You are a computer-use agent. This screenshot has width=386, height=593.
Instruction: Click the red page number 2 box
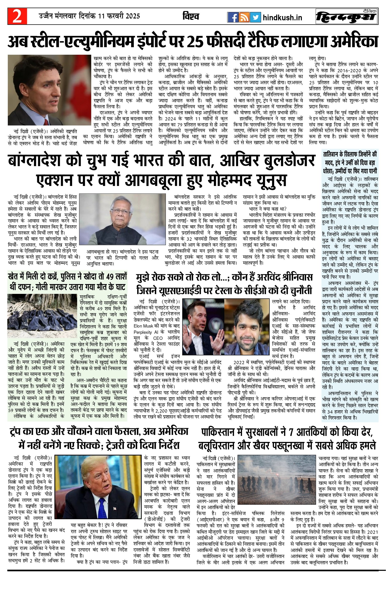[17, 16]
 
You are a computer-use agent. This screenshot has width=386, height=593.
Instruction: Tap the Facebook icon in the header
[232, 17]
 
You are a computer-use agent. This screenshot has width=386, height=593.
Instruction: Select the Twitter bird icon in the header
[255, 17]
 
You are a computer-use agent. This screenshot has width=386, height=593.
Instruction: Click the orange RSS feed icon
[244, 17]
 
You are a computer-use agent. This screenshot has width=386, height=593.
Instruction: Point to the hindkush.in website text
[282, 18]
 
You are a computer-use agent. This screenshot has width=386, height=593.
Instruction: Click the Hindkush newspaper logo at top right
[347, 17]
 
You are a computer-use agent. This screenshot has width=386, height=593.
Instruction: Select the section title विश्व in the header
[191, 17]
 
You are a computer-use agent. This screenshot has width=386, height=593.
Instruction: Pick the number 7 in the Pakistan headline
[291, 432]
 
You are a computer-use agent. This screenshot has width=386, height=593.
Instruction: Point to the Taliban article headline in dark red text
[350, 162]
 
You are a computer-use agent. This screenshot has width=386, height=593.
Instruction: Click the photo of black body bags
[42, 316]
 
